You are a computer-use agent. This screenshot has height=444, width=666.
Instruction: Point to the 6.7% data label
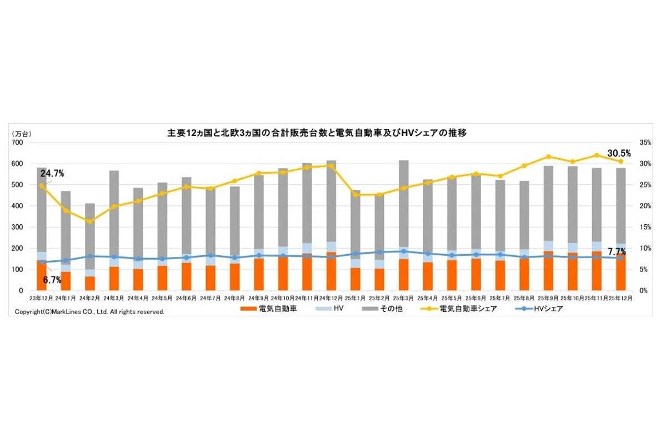pyautogui.click(x=52, y=280)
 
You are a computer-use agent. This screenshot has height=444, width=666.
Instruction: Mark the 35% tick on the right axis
pyautogui.click(x=645, y=143)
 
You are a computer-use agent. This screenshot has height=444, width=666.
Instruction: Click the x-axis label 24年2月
pyautogui.click(x=89, y=298)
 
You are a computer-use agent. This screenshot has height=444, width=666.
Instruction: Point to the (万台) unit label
pyautogui.click(x=23, y=134)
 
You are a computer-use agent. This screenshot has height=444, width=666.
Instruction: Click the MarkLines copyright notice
pyautogui.click(x=90, y=312)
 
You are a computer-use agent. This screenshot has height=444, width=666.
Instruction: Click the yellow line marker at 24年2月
pyautogui.click(x=89, y=221)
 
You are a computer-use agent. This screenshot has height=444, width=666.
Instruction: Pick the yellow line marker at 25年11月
pyautogui.click(x=597, y=155)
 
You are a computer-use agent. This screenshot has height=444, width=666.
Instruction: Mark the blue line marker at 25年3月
pyautogui.click(x=403, y=251)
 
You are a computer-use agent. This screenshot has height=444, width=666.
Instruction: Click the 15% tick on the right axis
pyautogui.click(x=645, y=227)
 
